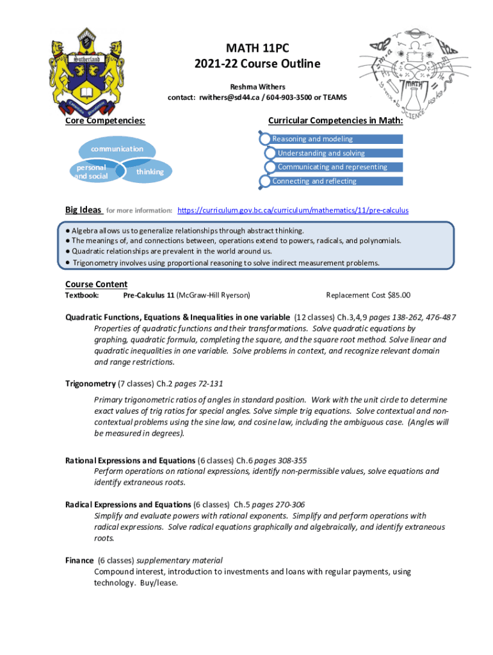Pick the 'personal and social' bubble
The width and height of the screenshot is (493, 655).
click(x=90, y=171)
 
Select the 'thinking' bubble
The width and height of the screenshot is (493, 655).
click(x=149, y=171)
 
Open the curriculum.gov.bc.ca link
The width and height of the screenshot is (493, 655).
click(x=293, y=210)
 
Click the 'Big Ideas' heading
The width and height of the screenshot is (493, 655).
click(x=83, y=210)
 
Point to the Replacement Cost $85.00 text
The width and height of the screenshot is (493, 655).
click(x=368, y=295)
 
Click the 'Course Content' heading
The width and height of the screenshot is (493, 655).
click(x=96, y=284)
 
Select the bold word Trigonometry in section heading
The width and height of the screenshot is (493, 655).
click(x=90, y=384)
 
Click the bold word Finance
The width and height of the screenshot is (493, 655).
click(x=79, y=560)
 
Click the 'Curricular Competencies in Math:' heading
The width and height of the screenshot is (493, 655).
click(x=335, y=120)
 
